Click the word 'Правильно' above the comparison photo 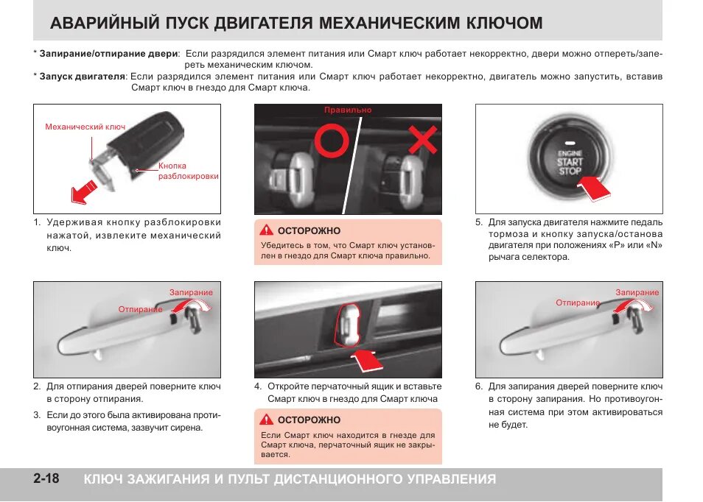[348, 110]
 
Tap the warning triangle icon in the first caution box [266, 230]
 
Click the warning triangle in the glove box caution [266, 420]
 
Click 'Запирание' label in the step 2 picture [191, 292]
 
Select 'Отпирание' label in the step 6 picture [578, 303]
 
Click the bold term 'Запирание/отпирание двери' [108, 54]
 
